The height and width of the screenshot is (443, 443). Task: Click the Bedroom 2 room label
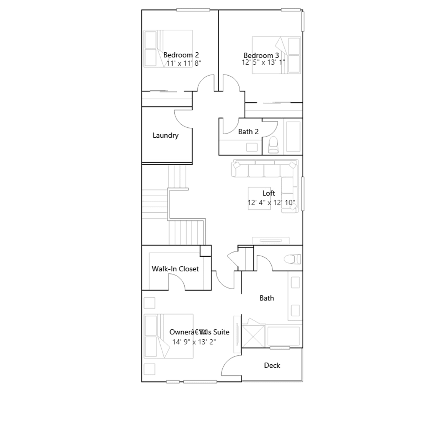click(181, 55)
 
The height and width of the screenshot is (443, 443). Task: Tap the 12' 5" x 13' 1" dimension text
click(263, 62)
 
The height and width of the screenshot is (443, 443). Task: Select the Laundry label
click(166, 135)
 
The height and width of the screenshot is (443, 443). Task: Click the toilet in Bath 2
click(273, 145)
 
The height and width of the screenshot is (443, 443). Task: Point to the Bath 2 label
click(248, 132)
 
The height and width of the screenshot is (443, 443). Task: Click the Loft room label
click(269, 193)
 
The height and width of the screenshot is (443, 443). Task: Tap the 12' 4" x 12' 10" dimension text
click(271, 203)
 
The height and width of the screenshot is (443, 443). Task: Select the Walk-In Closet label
click(175, 269)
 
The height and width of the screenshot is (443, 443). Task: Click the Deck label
click(272, 365)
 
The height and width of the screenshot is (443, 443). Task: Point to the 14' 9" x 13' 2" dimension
click(194, 342)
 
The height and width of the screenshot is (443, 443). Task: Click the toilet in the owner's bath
click(292, 259)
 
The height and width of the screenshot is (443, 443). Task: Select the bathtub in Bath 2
click(293, 136)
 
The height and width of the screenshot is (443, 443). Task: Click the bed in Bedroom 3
click(276, 55)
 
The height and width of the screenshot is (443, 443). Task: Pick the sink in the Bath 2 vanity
click(252, 147)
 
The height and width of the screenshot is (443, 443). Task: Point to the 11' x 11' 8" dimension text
click(184, 63)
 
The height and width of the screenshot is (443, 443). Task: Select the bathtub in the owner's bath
click(283, 336)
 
